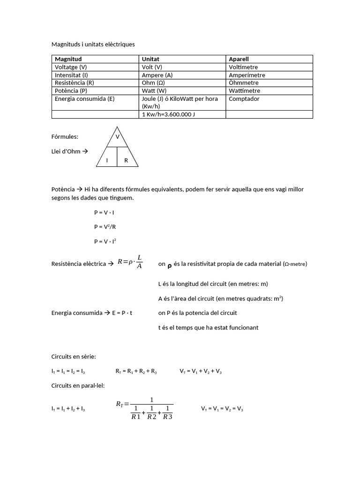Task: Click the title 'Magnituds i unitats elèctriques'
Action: point(93,44)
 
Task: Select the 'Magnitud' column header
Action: point(68,59)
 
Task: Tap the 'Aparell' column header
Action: point(239,59)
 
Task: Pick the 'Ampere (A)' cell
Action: point(157,75)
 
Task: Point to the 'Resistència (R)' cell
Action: point(75,82)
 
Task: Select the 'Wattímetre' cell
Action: point(244,90)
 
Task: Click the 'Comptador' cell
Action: point(244,98)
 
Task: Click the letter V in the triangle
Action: point(117,137)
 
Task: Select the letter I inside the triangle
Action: point(107,160)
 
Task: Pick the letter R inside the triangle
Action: point(126,160)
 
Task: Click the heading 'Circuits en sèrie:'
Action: point(74,356)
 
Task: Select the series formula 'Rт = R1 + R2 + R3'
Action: point(136,371)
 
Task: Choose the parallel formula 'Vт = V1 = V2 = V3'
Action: point(222,409)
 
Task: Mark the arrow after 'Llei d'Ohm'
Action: point(86,151)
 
